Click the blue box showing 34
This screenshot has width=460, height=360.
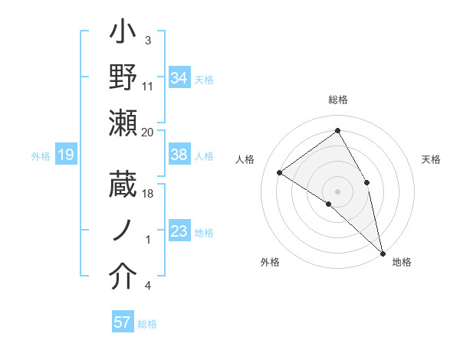(x=179, y=77)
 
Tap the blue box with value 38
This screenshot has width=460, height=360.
(x=179, y=155)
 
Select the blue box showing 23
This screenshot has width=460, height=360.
(x=179, y=231)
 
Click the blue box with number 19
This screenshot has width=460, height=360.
(x=65, y=155)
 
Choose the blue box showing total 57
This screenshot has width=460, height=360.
(x=122, y=322)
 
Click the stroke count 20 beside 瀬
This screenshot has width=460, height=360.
(x=148, y=133)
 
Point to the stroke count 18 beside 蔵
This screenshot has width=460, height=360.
(x=148, y=194)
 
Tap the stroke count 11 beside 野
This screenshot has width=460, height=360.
(x=148, y=86)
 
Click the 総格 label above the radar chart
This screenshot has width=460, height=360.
(x=338, y=100)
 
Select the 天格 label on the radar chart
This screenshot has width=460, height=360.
(x=431, y=159)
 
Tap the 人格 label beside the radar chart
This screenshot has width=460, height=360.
(x=245, y=159)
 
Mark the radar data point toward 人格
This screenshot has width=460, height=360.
(x=280, y=172)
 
